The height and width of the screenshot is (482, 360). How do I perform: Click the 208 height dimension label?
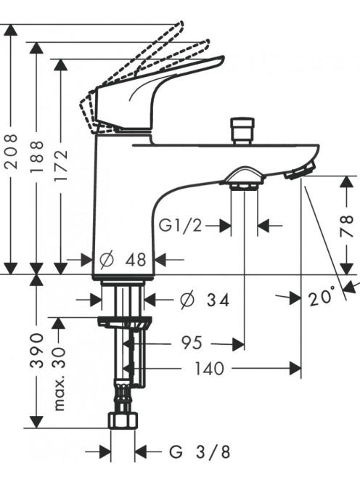tap(12, 151)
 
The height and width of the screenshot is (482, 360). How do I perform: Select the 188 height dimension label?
tap(36, 157)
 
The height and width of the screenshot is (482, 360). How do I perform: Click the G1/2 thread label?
tap(180, 226)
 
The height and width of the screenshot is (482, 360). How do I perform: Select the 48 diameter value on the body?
tap(135, 260)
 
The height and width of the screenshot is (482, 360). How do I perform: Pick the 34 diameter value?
tap(218, 300)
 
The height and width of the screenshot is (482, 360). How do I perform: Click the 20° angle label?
tap(322, 295)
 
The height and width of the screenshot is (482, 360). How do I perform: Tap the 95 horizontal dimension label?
tap(192, 343)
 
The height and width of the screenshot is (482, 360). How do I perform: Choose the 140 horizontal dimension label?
tap(209, 368)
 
